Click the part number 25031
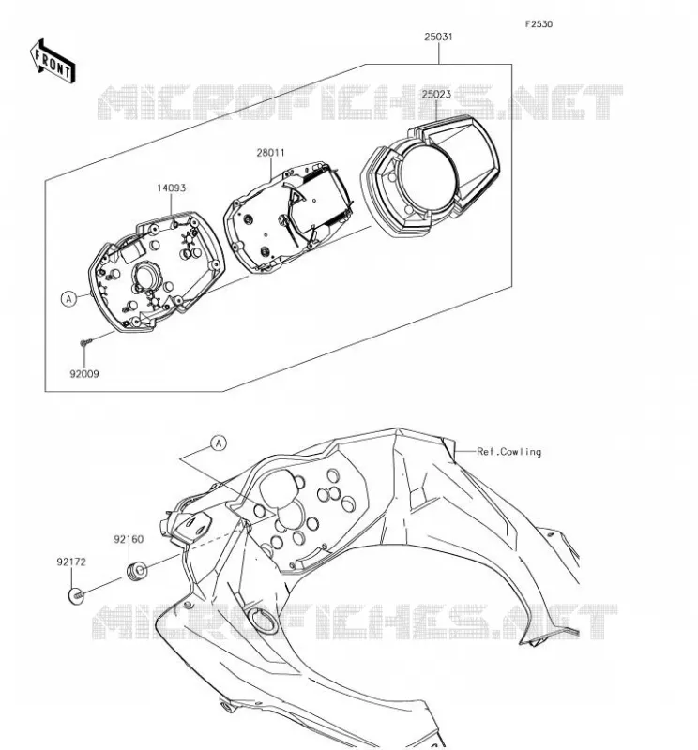pyautogui.click(x=438, y=37)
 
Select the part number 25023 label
pyautogui.click(x=436, y=94)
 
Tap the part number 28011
pyautogui.click(x=270, y=153)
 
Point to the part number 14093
pyautogui.click(x=171, y=188)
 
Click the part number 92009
pyautogui.click(x=84, y=374)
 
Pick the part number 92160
pyautogui.click(x=129, y=539)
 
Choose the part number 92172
pyautogui.click(x=71, y=562)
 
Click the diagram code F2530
pyautogui.click(x=539, y=24)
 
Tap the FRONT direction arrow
pyautogui.click(x=53, y=61)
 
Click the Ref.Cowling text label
pyautogui.click(x=508, y=452)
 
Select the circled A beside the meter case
pyautogui.click(x=68, y=299)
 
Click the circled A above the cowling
pyautogui.click(x=219, y=443)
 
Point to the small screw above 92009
pyautogui.click(x=86, y=342)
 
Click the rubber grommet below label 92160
pyautogui.click(x=136, y=571)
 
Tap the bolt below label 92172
pyautogui.click(x=76, y=596)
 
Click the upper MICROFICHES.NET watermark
pyautogui.click(x=360, y=102)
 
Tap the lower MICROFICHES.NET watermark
pyautogui.click(x=355, y=622)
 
